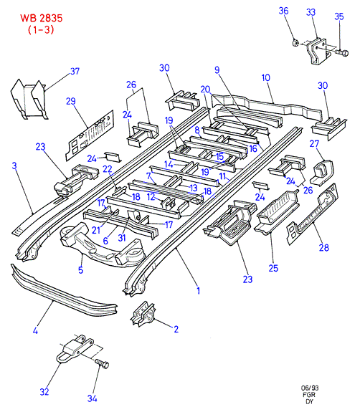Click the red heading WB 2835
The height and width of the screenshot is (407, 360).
click(x=42, y=18)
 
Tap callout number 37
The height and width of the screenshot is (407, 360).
click(x=75, y=71)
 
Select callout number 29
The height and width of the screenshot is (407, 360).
click(x=71, y=101)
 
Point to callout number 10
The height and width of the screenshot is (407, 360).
click(x=266, y=77)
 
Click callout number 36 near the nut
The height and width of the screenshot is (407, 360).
click(x=283, y=11)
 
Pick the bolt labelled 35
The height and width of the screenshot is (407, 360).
click(x=341, y=53)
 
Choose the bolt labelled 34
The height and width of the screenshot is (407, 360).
click(x=102, y=364)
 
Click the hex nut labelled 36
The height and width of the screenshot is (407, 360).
click(x=295, y=42)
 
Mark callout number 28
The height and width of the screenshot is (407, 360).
click(x=324, y=248)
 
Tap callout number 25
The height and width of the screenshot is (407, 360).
click(x=273, y=268)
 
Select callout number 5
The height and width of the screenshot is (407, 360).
click(x=80, y=269)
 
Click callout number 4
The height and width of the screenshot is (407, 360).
click(x=36, y=331)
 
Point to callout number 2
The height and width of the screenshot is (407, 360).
click(x=176, y=329)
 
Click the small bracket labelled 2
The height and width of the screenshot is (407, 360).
click(x=143, y=314)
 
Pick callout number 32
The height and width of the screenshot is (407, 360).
click(x=44, y=391)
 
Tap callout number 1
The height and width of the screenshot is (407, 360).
click(x=199, y=290)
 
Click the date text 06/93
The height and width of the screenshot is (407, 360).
click(x=310, y=388)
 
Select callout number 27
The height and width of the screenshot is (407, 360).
click(x=314, y=143)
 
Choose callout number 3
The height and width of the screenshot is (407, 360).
click(x=14, y=166)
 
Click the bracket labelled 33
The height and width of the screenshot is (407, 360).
click(x=317, y=52)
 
